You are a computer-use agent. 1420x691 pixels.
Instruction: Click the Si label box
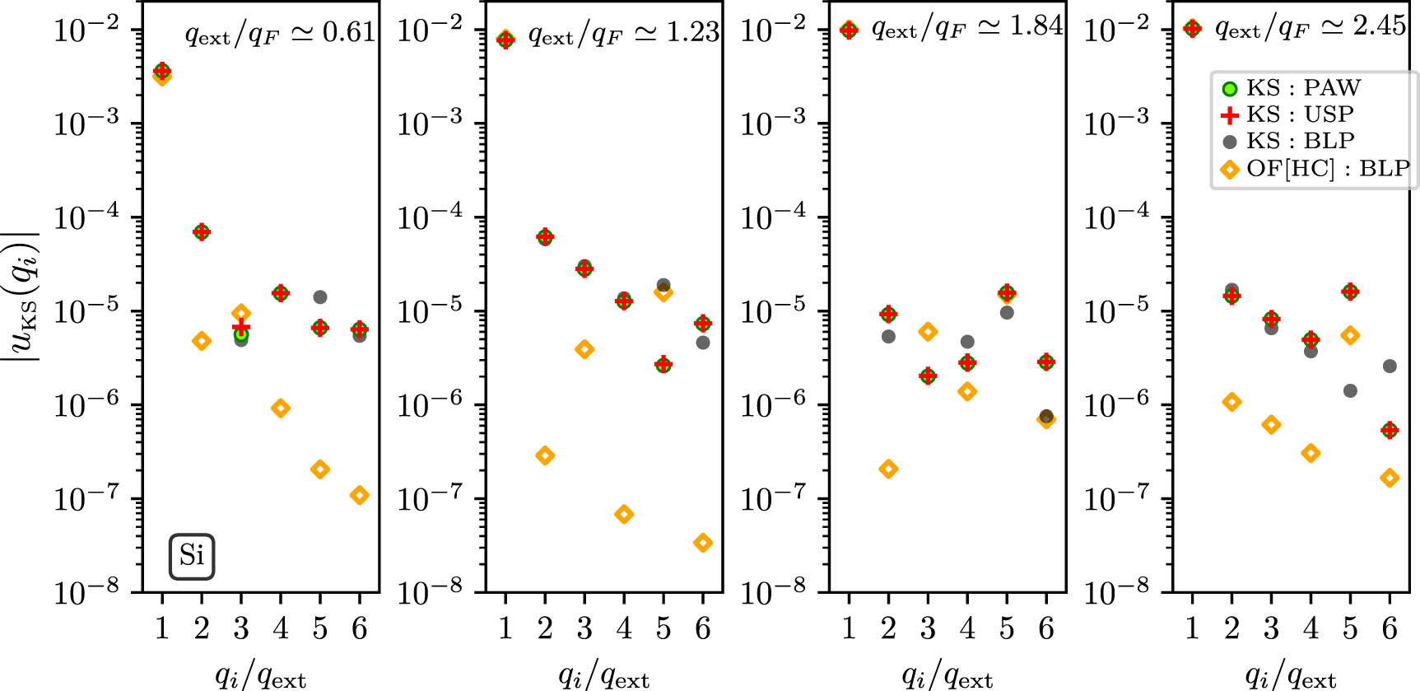192,557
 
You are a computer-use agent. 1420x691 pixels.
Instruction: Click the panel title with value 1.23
623,33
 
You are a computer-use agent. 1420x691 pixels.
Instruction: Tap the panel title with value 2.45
1310,28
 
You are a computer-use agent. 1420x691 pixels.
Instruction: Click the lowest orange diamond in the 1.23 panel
703,543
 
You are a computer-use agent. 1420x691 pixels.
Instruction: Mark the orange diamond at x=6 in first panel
360,495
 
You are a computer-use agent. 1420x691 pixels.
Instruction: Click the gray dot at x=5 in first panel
320,297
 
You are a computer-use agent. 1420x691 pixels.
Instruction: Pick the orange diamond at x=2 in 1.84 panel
888,469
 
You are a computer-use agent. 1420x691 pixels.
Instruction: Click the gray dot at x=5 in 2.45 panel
1350,391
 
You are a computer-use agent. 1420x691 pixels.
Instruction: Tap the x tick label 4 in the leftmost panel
281,629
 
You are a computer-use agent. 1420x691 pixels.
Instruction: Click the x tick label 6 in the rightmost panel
1390,629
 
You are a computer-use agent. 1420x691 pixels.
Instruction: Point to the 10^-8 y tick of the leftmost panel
86,591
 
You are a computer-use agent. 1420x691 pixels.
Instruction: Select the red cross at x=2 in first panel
202,232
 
